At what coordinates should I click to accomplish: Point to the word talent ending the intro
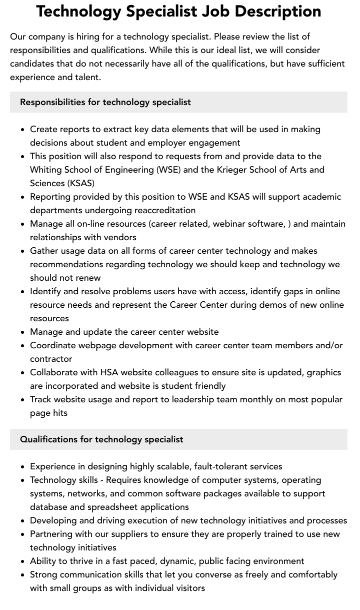87,77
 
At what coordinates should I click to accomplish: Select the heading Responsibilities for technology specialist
105,102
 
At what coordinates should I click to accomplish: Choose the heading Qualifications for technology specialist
101,439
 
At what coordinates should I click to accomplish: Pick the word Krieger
233,170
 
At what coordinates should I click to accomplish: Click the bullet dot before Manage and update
23,332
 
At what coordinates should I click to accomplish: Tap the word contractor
51,359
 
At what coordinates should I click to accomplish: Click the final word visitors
187,588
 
